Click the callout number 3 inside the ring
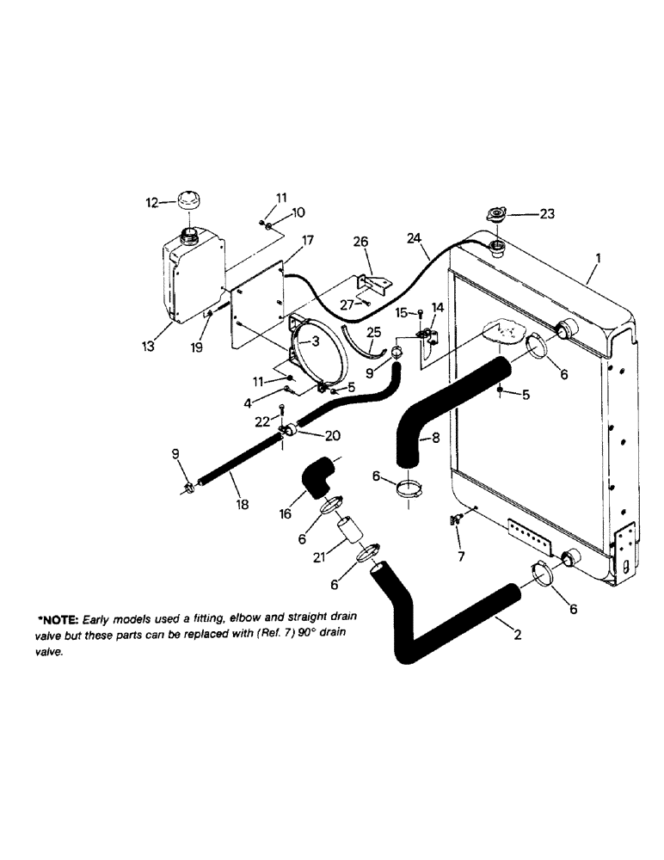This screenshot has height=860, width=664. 316,341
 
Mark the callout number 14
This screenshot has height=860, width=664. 438,307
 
